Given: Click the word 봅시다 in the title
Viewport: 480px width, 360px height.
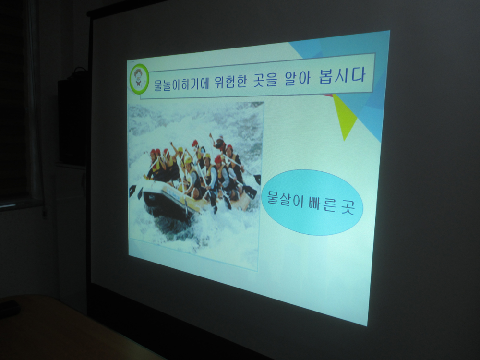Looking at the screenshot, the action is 342,75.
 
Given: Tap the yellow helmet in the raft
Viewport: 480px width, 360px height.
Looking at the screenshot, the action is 188,160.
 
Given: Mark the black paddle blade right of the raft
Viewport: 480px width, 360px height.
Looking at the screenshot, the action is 257,179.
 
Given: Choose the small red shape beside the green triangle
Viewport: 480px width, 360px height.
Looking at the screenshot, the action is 328,95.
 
